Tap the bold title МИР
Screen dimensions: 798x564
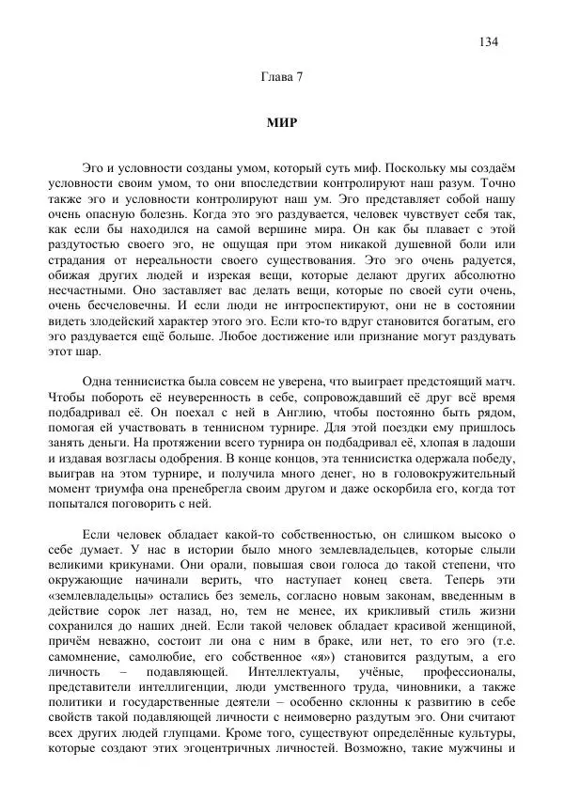click(x=281, y=123)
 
